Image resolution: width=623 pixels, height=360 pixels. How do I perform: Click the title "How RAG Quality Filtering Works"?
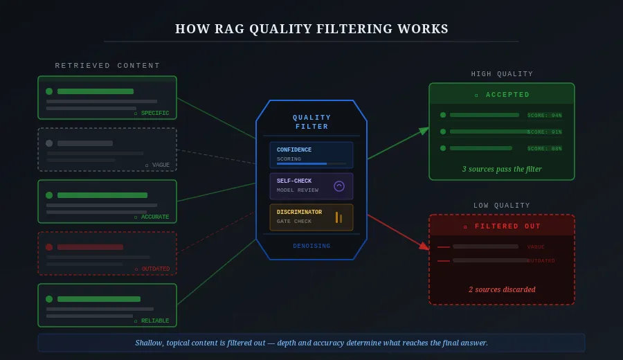tap(311, 29)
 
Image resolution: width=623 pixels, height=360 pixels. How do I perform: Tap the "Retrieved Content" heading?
tap(107, 66)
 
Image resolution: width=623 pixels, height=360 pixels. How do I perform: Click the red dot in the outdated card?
tap(49, 247)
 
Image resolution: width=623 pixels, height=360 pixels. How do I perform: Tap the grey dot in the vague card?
tap(49, 143)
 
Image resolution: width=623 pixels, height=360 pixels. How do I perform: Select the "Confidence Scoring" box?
tap(311, 155)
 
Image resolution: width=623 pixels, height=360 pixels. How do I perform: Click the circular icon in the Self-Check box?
tap(339, 186)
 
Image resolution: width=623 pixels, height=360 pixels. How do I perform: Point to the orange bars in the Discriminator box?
tap(338, 217)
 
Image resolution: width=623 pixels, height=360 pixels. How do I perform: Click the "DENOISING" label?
tap(311, 246)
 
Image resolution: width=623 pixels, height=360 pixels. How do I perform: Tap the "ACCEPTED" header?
tap(502, 95)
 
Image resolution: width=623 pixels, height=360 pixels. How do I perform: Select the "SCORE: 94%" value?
tap(545, 116)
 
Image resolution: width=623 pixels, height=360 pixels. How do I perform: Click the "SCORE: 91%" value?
tap(545, 132)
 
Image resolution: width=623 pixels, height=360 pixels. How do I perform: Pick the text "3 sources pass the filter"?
tap(502, 169)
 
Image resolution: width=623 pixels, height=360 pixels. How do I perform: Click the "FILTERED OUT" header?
tap(502, 226)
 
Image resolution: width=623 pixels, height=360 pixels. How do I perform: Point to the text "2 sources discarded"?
tap(502, 289)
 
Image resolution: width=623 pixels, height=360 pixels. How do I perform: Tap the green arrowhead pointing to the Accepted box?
tap(424, 130)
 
